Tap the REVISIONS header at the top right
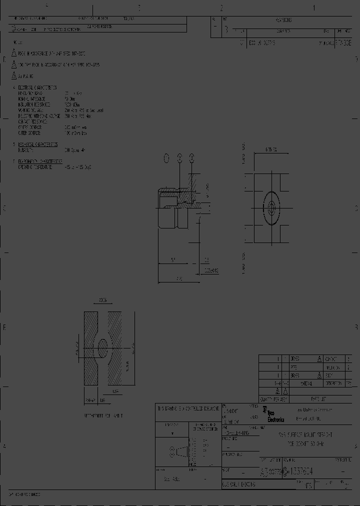(283, 20)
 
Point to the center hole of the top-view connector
(272, 205)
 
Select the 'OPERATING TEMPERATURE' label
(35, 167)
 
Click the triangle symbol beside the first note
(14, 53)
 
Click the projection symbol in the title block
(175, 451)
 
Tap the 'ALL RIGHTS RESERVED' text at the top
(100, 26)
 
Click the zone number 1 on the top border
(314, 7)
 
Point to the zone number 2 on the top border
(221, 7)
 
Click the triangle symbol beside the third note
(14, 76)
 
